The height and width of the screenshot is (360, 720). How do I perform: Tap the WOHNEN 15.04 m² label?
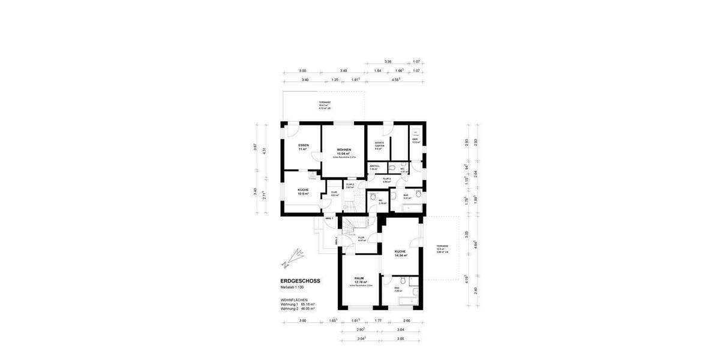[x=344, y=152]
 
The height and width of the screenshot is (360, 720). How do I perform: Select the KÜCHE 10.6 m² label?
[x=303, y=191]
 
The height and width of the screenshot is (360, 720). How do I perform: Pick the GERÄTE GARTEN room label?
[x=379, y=145]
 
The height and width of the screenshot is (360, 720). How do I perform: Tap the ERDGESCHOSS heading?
[x=300, y=281]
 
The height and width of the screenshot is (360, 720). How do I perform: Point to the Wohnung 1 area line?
[x=298, y=304]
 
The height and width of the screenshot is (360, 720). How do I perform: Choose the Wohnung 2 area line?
[x=298, y=308]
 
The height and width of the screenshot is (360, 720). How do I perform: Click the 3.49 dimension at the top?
[x=343, y=71]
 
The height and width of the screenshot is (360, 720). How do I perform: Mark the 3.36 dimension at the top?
[x=388, y=62]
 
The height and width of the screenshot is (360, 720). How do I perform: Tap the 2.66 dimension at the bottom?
[x=407, y=321]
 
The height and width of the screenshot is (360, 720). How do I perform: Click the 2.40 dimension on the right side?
[x=475, y=290]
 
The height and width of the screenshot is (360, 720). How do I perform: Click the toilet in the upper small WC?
[x=392, y=168]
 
